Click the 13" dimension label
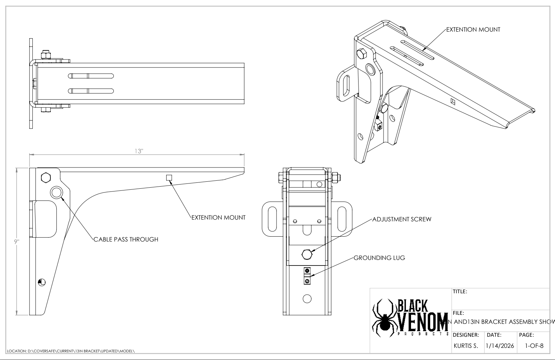point(139,151)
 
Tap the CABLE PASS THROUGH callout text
point(126,239)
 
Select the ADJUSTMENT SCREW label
point(402,219)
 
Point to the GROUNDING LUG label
point(379,258)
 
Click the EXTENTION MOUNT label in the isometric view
point(473,30)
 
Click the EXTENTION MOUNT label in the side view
point(218,218)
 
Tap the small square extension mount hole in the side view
point(169,178)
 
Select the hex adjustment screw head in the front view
point(307,255)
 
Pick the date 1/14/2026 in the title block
point(499,346)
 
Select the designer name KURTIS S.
point(466,346)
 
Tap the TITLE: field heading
point(460,292)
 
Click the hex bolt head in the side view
point(46,177)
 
